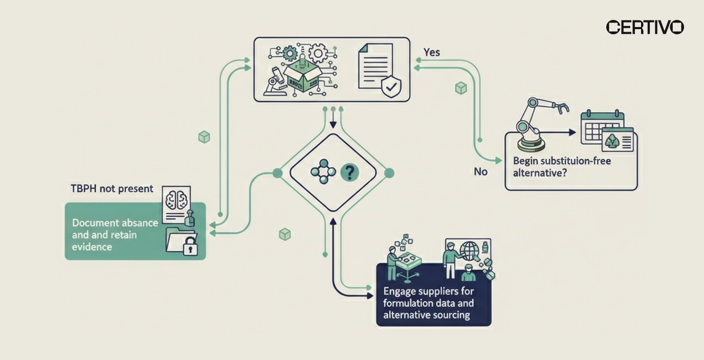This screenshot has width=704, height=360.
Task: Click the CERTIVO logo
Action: point(645,27)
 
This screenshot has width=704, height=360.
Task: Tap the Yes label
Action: point(431,52)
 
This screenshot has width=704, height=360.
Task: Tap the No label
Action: point(480,172)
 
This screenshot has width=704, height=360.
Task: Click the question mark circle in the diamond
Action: point(349,173)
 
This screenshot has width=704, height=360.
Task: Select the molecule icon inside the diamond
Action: point(322,172)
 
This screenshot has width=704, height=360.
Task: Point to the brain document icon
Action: point(176,204)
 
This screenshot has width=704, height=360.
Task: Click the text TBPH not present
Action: point(112,189)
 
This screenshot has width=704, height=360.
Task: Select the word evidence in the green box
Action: point(92,246)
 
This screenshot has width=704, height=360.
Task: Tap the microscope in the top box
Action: point(274,82)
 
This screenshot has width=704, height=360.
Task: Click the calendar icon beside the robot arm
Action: point(602,126)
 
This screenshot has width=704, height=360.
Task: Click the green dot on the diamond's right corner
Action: point(389,173)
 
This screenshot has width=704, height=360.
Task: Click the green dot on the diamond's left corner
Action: point(278,173)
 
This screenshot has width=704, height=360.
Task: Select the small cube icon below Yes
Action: point(461,88)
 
